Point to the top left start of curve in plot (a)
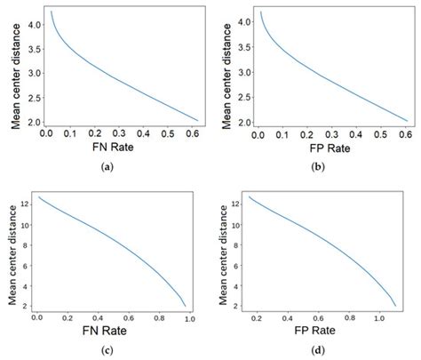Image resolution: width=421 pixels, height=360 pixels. pos(52,12)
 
